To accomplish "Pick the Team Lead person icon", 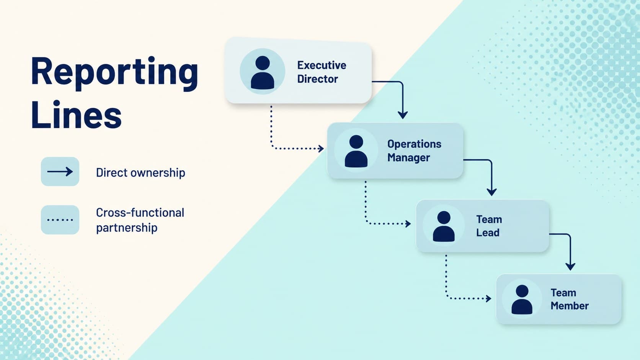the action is [x=444, y=226].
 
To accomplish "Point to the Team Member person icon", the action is [x=522, y=300].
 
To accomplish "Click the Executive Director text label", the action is [x=322, y=72].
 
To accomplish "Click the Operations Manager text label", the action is [x=414, y=150].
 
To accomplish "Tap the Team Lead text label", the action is [x=489, y=226].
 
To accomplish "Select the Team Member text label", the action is [x=570, y=299].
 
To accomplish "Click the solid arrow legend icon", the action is [x=60, y=171].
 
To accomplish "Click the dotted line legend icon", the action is [x=60, y=220].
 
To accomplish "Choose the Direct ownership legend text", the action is [x=140, y=173].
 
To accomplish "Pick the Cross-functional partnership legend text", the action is [x=140, y=220].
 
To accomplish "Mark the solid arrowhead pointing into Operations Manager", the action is [x=403, y=115].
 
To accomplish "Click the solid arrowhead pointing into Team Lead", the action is [x=491, y=192].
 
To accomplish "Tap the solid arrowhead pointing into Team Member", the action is [x=570, y=266].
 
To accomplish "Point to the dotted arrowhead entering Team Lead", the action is [x=408, y=223].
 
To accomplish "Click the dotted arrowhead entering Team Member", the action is [x=488, y=299].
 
